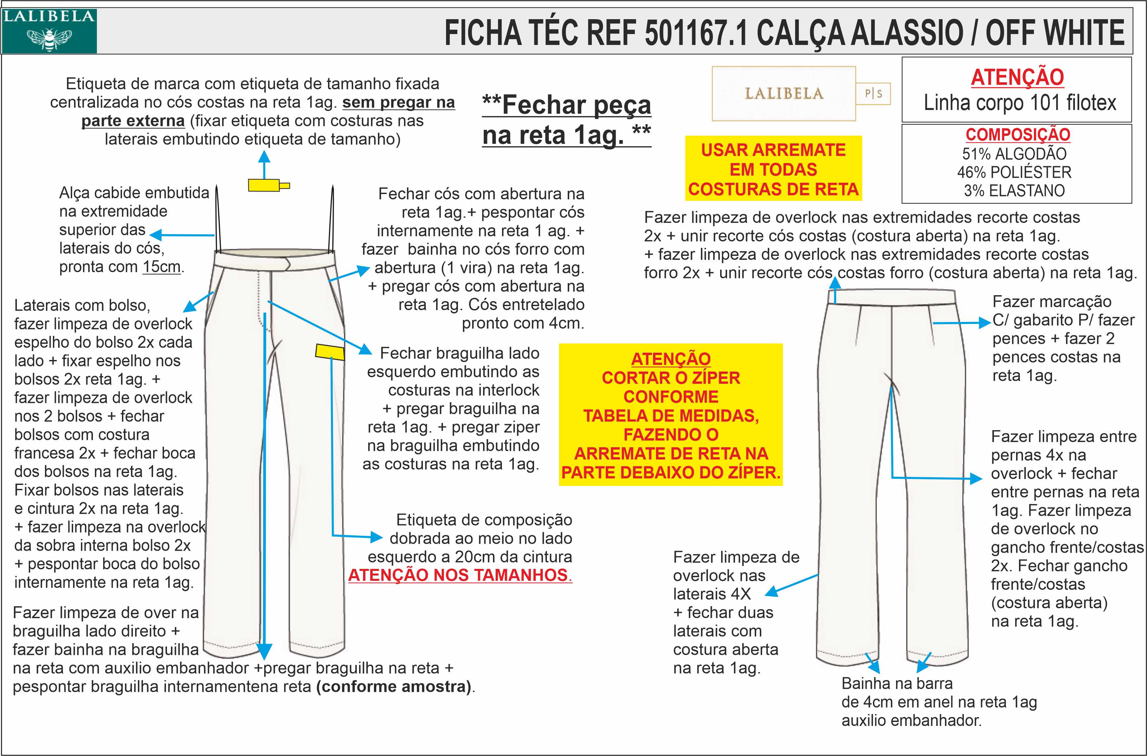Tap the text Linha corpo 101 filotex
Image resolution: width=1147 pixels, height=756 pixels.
(x=1019, y=103)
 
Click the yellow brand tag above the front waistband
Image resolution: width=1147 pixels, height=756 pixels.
(x=264, y=185)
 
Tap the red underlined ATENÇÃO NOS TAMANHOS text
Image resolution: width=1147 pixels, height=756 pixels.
(x=460, y=575)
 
